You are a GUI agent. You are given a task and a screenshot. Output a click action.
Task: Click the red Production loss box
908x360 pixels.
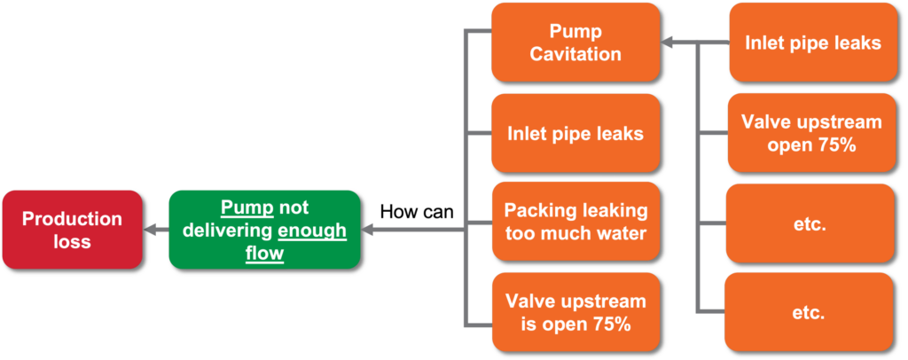[x=73, y=230]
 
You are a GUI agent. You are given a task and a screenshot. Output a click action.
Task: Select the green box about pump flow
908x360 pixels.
[x=264, y=230]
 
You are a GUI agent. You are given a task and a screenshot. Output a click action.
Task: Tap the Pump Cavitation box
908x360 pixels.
[x=575, y=43]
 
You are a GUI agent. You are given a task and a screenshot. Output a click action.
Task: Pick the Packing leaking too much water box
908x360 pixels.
[x=575, y=222]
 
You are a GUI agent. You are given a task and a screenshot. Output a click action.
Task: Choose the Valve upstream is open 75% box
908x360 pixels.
[x=575, y=312]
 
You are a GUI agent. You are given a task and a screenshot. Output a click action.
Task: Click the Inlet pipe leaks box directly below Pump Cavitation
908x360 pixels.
[x=575, y=134]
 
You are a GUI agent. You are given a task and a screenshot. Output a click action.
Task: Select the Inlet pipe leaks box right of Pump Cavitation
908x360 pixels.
[x=813, y=43]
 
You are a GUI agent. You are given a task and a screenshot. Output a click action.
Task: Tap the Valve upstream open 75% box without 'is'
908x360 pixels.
[x=813, y=133]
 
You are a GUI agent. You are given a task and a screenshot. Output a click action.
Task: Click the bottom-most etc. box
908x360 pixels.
[x=809, y=312]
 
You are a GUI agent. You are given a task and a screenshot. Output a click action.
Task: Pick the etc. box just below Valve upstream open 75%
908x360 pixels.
[x=809, y=224]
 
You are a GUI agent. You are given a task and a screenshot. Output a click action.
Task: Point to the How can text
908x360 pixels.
[x=417, y=212]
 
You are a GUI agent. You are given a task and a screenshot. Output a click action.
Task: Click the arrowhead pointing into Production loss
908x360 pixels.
[x=150, y=230]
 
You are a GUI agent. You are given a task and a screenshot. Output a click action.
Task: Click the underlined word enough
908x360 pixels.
[x=312, y=231]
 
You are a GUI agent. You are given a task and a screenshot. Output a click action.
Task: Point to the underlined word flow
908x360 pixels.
[x=264, y=253]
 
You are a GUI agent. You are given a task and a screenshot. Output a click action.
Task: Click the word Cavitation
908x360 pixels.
[x=575, y=54]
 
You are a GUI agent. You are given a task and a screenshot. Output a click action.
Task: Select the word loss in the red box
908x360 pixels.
[x=73, y=241]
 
